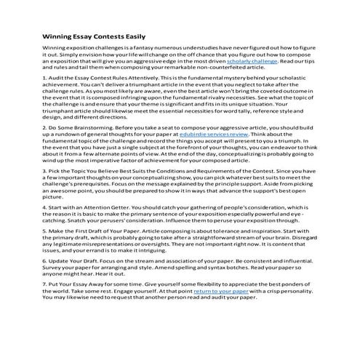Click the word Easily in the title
pyautogui.click(x=132, y=36)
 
